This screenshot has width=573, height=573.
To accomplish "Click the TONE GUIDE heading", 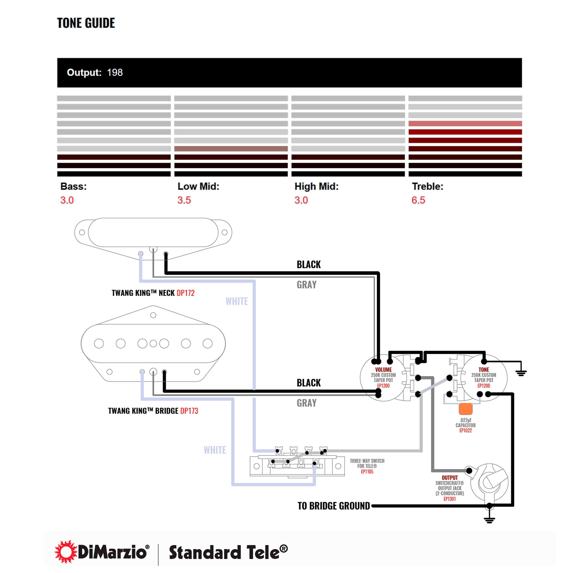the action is click(86, 23).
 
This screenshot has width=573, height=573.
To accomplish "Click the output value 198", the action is click(115, 72).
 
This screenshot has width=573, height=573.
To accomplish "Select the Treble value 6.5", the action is click(418, 200).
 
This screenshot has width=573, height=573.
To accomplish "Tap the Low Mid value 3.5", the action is click(184, 200).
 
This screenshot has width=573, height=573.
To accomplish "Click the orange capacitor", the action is click(465, 409).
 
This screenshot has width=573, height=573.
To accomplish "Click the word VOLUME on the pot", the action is click(384, 370).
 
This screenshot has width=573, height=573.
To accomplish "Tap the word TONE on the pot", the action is click(484, 370).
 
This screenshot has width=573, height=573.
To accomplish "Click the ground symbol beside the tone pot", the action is click(521, 373).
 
